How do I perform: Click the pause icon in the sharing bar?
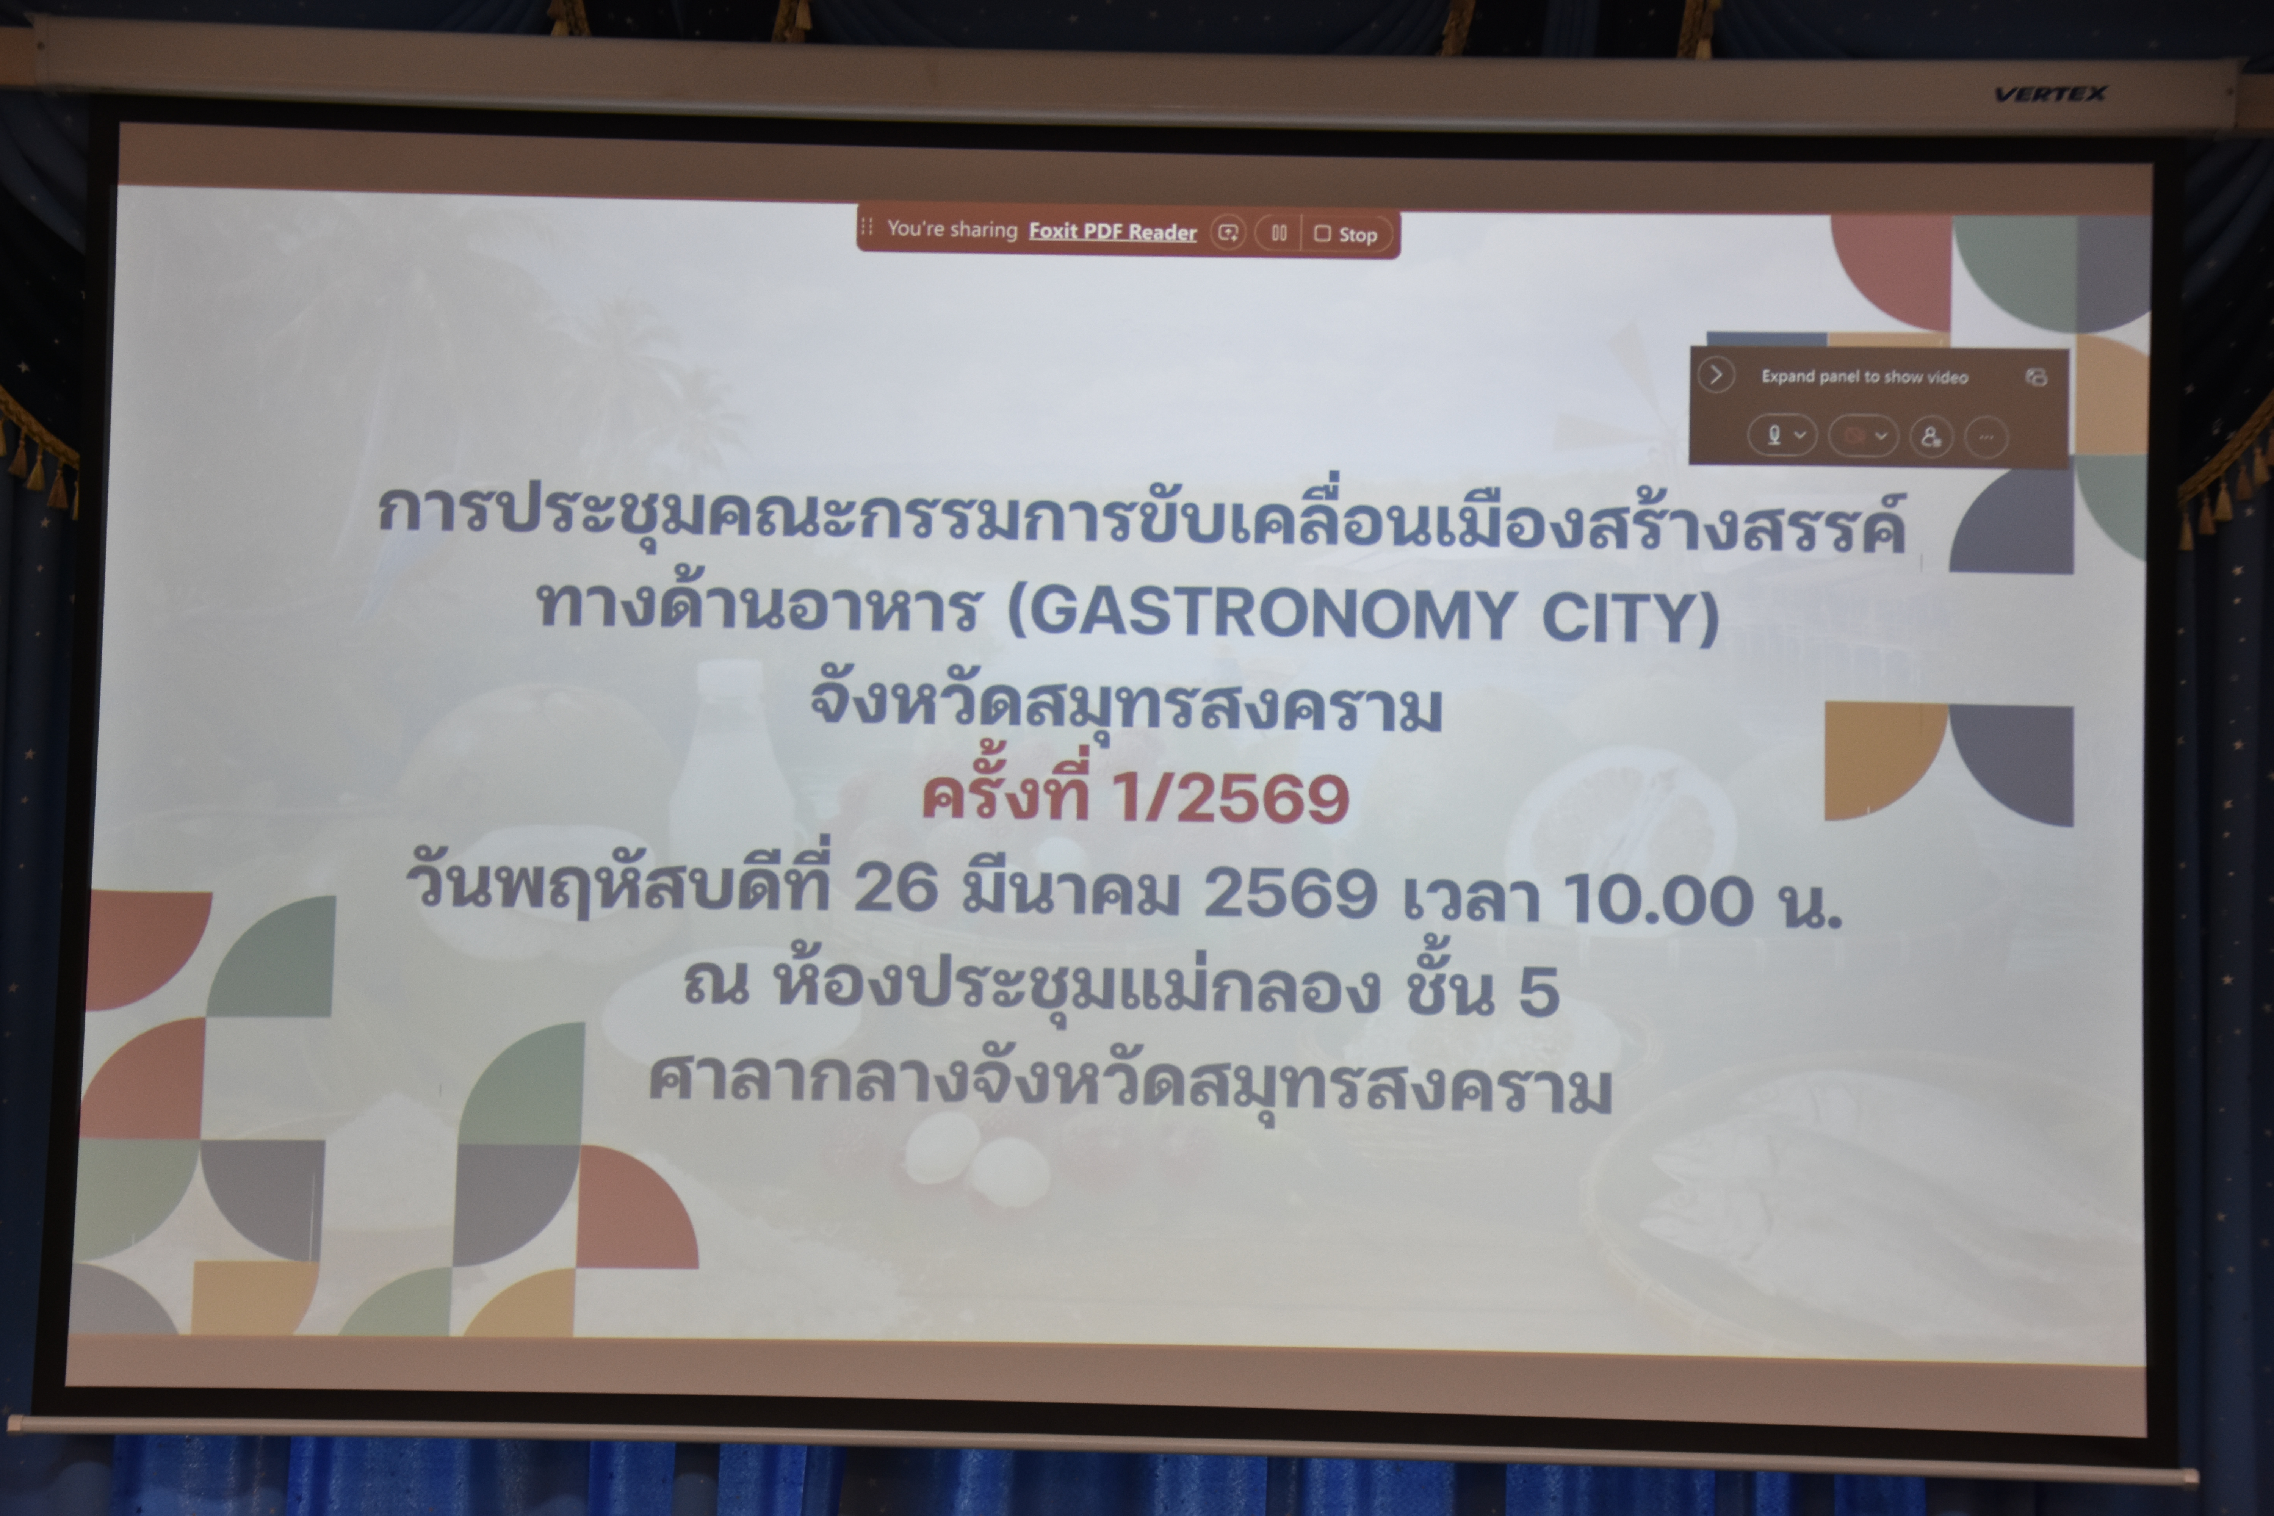[1278, 233]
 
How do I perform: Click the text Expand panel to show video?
[1864, 377]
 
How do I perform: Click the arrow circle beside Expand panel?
[1716, 375]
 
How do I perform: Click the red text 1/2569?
[1230, 799]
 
